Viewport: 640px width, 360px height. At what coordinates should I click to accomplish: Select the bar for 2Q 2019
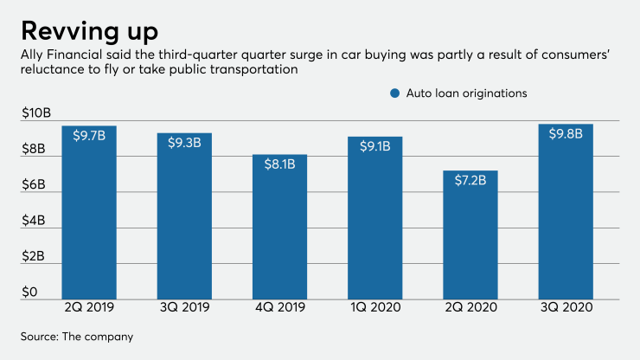[x=88, y=212]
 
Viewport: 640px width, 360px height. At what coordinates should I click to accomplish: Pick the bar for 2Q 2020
[x=471, y=234]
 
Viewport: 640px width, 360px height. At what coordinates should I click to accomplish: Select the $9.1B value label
[x=376, y=146]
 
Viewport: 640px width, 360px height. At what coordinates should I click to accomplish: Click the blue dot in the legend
[x=395, y=93]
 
